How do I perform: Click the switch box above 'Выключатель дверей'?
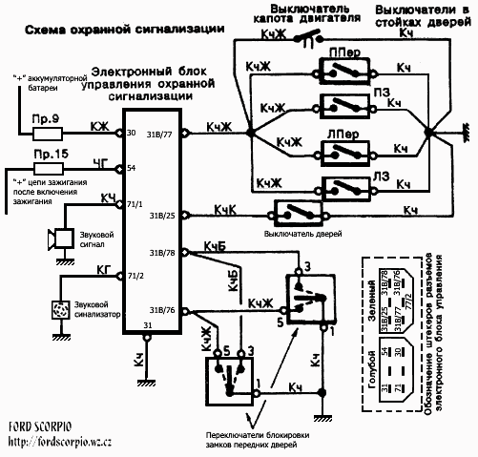(x=297, y=210)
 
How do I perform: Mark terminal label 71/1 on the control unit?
(x=135, y=204)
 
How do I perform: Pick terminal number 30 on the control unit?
(x=131, y=133)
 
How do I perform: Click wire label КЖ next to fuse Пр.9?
(x=98, y=125)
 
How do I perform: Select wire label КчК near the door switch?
(x=226, y=207)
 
